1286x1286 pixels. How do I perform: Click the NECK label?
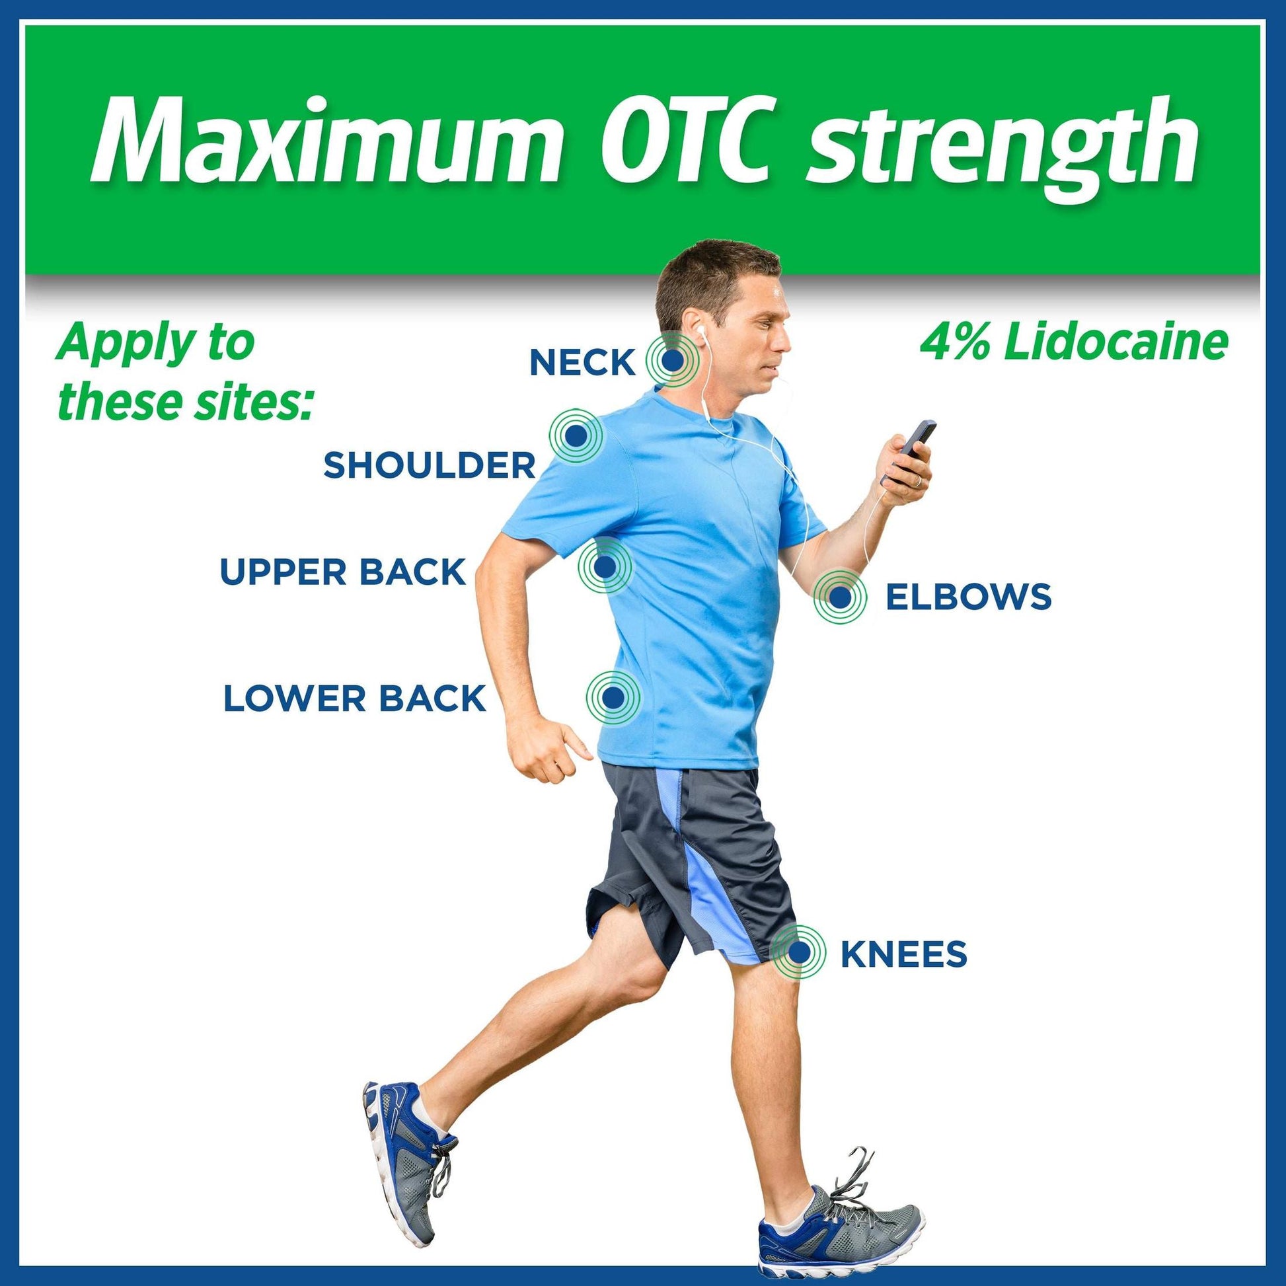click(582, 363)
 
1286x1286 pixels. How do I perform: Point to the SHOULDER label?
click(430, 465)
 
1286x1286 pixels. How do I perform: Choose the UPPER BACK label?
click(343, 572)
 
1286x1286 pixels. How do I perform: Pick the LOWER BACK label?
click(355, 699)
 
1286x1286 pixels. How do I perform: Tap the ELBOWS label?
click(969, 596)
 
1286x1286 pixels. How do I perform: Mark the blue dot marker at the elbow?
click(841, 597)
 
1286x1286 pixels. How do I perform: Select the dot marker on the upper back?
click(605, 566)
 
